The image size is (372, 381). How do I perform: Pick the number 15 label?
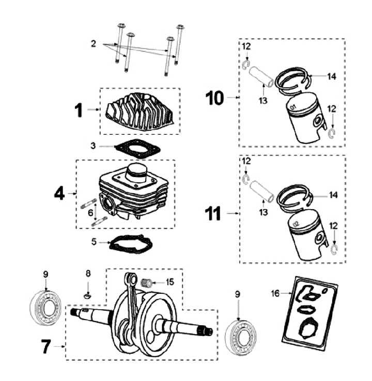click(171, 282)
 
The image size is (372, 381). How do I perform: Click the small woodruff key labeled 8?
click(88, 296)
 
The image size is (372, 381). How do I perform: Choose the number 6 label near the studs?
click(91, 212)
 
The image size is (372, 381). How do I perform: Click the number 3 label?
click(94, 146)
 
